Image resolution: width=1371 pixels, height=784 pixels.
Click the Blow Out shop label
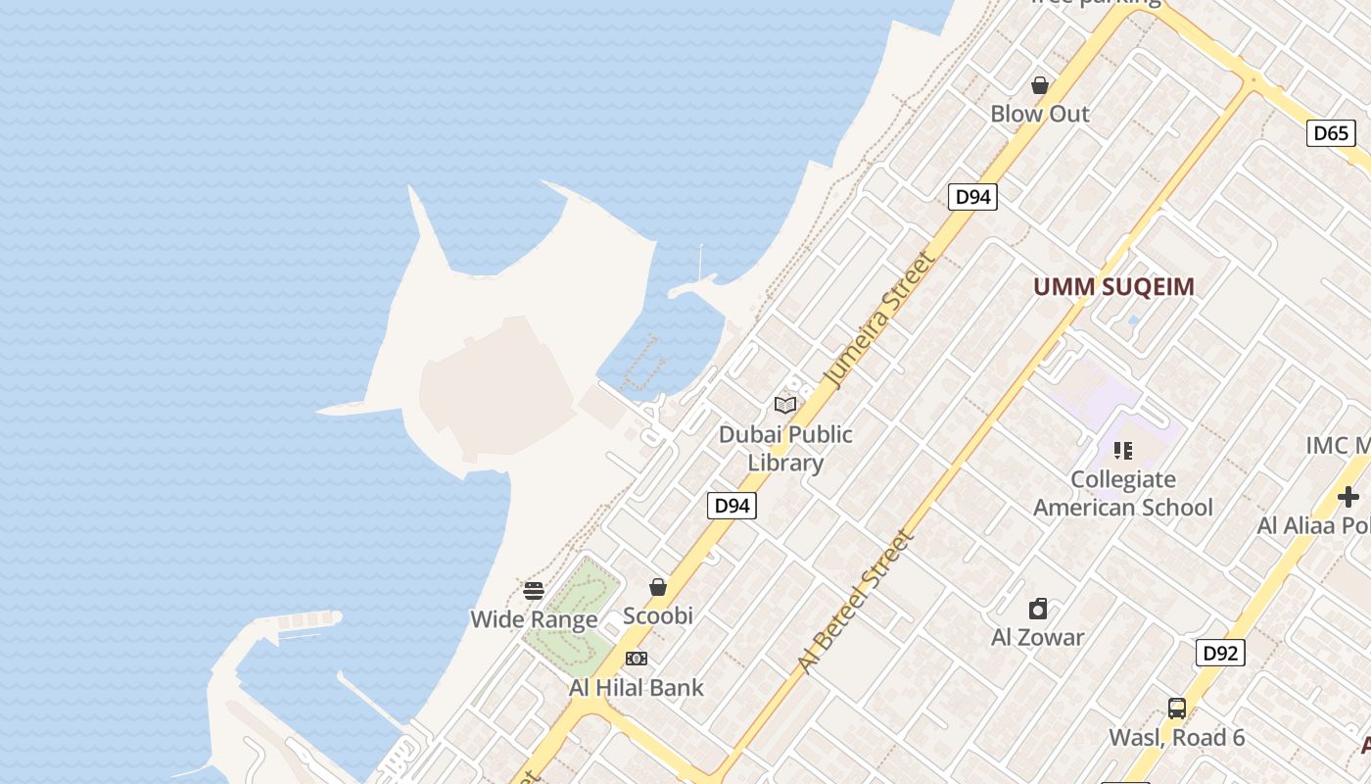coord(1040,114)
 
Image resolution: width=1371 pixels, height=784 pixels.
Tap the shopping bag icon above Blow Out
coord(1040,86)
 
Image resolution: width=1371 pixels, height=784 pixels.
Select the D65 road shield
coord(1331,133)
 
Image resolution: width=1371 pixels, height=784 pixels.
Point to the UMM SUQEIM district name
coord(1114,287)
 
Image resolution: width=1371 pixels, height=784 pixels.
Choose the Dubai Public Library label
coord(785,448)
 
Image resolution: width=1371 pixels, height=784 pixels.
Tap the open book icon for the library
coord(785,405)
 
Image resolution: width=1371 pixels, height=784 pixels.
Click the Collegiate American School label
coord(1123,493)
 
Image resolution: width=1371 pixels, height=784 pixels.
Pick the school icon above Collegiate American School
coord(1123,451)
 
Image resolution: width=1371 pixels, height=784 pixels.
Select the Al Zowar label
coord(1038,637)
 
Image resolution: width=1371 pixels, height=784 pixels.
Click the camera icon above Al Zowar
coord(1038,610)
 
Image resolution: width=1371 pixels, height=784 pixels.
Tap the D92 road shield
coord(1220,653)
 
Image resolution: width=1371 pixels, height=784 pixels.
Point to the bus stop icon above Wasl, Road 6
coord(1177,709)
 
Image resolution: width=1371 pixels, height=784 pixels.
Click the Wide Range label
coord(534,619)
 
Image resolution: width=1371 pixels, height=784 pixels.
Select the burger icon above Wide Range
coord(534,591)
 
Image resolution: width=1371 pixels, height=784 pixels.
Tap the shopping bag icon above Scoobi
coord(658,587)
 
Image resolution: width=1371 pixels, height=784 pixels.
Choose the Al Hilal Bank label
coord(637,688)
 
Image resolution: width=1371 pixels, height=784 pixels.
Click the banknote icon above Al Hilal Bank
coord(637,659)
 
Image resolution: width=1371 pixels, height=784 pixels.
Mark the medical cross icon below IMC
coord(1348,496)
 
